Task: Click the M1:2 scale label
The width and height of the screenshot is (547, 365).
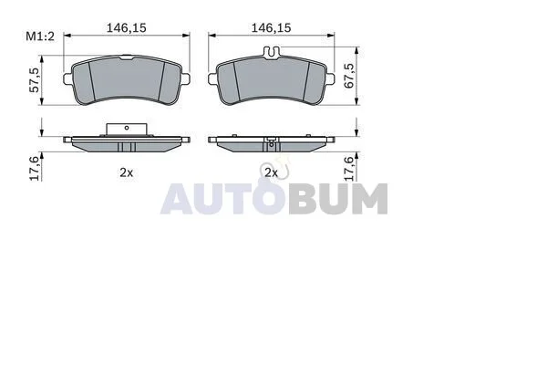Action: (40, 36)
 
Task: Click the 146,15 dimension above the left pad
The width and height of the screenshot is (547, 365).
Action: (127, 28)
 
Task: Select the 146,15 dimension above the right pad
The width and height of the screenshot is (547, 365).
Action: (272, 28)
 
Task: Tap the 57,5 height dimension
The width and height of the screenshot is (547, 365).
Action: (35, 80)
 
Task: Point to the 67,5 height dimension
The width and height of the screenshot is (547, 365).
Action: (349, 76)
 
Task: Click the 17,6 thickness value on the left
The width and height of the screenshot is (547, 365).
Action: (35, 168)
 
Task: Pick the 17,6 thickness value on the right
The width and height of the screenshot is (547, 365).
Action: (349, 168)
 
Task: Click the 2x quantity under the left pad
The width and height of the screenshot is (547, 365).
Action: (127, 172)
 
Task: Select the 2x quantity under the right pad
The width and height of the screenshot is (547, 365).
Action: (272, 172)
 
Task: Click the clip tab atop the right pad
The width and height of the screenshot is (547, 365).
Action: (272, 52)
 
